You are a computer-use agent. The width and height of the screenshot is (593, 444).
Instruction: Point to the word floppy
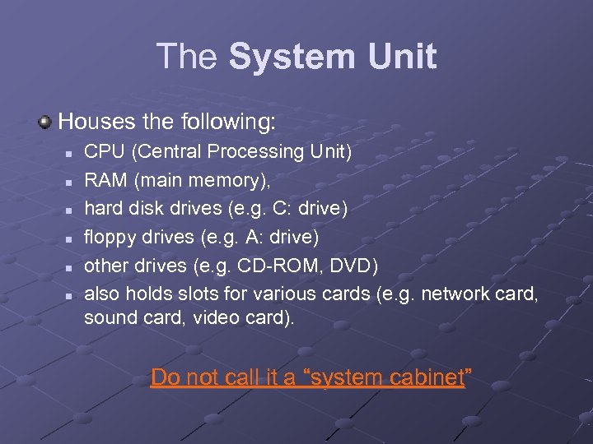tap(110, 238)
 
